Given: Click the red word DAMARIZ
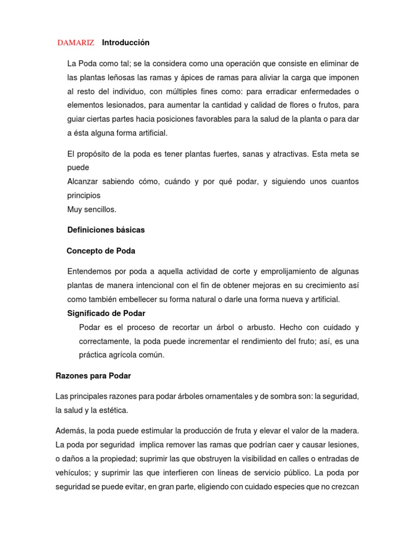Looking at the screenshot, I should pos(76,43).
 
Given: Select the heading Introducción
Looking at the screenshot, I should pos(126,42).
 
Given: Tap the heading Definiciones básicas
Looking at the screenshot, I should pos(106,230).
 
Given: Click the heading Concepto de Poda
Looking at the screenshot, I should pos(101,251).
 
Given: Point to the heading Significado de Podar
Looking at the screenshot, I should pos(106,313).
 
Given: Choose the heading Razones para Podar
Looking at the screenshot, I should pos(93,376).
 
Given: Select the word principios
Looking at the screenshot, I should pos(84,196).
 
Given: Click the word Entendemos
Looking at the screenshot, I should pos(89,272).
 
